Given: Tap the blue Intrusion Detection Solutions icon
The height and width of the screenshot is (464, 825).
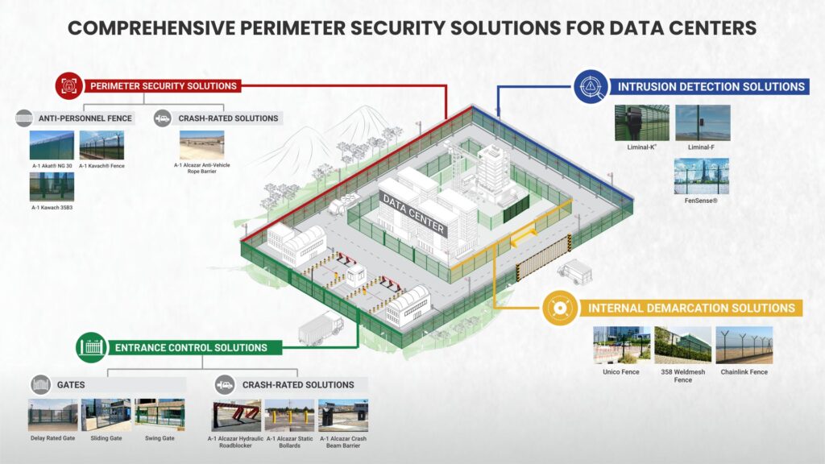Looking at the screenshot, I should [591, 86].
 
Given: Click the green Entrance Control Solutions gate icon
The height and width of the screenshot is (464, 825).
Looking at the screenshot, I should [92, 348].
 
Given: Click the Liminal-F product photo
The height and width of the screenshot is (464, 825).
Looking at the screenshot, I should [703, 122].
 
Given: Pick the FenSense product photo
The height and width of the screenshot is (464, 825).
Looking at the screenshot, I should [701, 176].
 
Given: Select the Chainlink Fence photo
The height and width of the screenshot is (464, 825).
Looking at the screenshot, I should [744, 345].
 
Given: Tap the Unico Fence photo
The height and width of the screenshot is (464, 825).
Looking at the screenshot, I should [620, 345].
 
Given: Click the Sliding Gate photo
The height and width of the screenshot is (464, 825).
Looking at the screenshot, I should [106, 415].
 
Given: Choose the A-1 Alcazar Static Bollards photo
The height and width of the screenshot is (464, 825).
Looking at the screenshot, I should [289, 415].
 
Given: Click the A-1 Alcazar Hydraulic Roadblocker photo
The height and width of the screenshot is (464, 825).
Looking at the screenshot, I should [236, 415].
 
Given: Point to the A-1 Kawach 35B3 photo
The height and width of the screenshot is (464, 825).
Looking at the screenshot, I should [52, 187].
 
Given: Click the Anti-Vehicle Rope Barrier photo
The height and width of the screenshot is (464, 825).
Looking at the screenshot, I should [201, 146].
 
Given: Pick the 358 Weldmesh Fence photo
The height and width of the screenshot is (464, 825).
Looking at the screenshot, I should [682, 345].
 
